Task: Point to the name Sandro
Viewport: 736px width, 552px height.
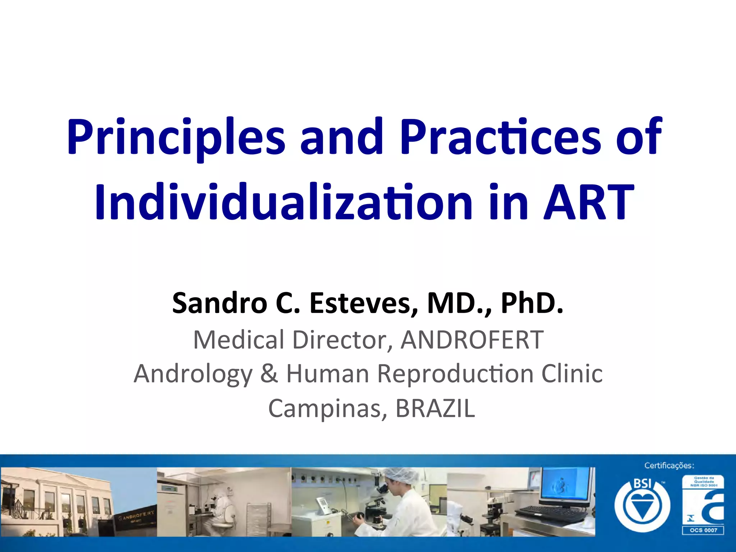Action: point(219,303)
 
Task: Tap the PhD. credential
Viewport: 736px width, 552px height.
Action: point(532,303)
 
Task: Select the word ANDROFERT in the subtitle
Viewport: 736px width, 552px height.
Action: point(472,340)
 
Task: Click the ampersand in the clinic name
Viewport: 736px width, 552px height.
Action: point(269,374)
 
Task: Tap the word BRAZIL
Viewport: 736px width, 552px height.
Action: point(435,409)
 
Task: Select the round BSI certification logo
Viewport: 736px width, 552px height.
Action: point(642,505)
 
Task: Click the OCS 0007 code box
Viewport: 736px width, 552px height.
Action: point(703,530)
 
